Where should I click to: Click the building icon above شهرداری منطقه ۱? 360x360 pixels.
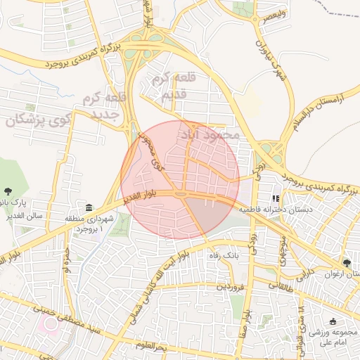[x=89, y=208]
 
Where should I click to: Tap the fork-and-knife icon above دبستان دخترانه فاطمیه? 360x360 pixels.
[x=276, y=199]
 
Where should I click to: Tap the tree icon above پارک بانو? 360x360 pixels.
[x=8, y=191]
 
